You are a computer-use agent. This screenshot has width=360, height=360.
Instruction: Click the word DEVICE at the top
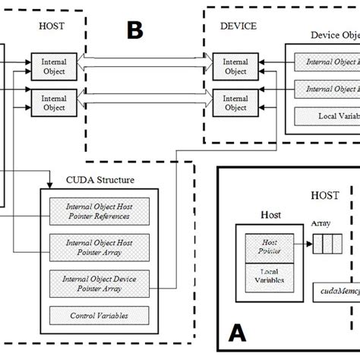point(238,26)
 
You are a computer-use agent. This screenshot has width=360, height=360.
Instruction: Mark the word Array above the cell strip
point(321,226)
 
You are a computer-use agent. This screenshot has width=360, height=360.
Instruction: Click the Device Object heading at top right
point(334,35)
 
